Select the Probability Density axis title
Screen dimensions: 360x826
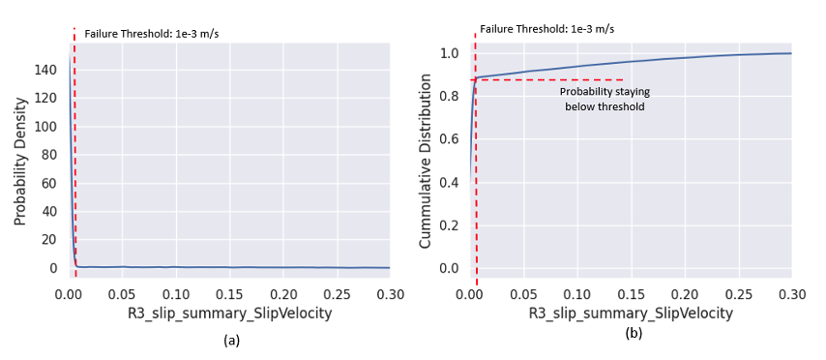[x=19, y=154]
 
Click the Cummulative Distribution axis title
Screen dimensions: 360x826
[x=425, y=159]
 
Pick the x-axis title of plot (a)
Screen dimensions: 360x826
[x=229, y=315]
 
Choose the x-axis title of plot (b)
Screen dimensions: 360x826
[x=631, y=315]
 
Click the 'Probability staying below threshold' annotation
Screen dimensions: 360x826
[x=605, y=99]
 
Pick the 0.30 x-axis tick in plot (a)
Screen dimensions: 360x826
[x=389, y=292]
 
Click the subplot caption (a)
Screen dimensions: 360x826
[x=231, y=340]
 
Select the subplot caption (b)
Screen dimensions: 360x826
[x=634, y=334]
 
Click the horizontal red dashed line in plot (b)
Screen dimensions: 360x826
[x=551, y=79]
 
